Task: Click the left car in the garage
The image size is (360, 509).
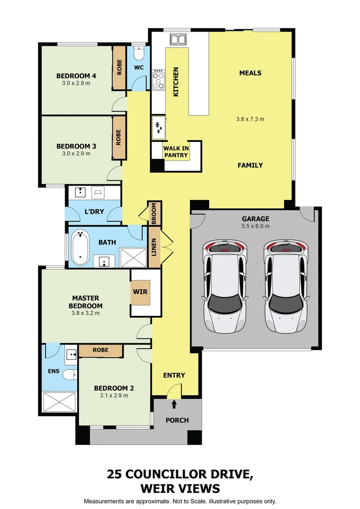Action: [x=225, y=286]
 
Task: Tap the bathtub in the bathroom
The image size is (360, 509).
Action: [x=81, y=247]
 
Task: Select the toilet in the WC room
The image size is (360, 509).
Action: [x=139, y=51]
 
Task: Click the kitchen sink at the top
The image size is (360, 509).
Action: [x=179, y=39]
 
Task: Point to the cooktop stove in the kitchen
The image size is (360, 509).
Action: [x=158, y=80]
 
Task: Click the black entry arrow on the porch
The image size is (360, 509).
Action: [x=174, y=404]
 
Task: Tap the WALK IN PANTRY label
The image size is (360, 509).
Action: [x=176, y=152]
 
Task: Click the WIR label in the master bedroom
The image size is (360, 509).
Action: [x=140, y=292]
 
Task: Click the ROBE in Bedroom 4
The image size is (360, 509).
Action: [x=119, y=68]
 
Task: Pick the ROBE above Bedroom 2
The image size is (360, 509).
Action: [x=100, y=350]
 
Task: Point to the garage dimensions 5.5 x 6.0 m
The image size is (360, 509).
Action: [x=255, y=226]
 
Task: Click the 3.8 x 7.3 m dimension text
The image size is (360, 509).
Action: [x=250, y=119]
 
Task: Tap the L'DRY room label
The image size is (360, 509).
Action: [x=94, y=212]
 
